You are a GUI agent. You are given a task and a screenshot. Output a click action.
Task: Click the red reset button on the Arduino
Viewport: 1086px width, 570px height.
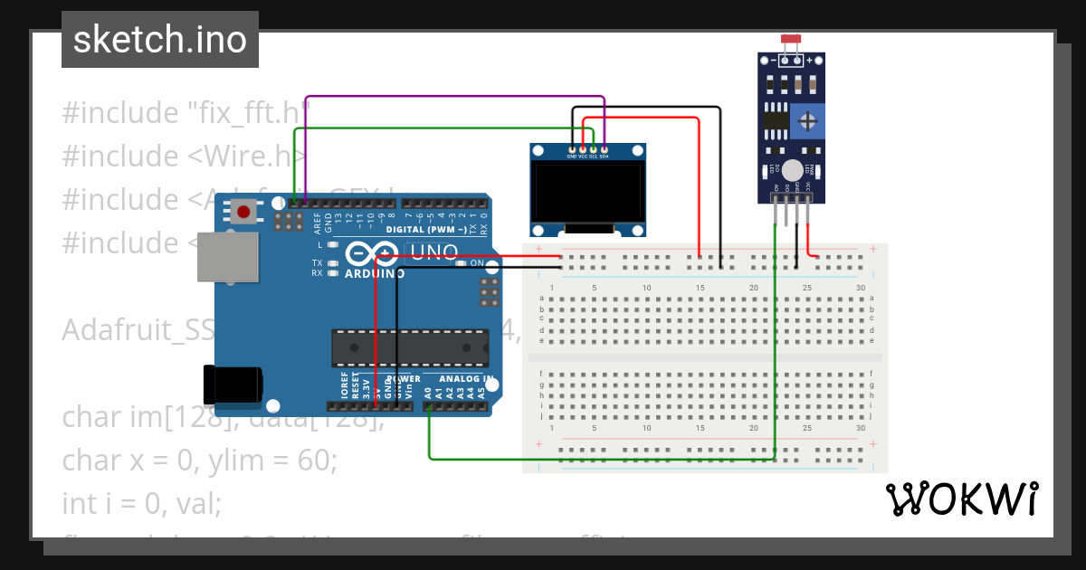coord(243,213)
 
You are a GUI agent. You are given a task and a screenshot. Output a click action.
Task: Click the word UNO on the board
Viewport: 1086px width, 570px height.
coord(434,253)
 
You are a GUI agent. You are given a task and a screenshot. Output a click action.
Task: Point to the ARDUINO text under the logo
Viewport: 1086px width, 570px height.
coord(375,273)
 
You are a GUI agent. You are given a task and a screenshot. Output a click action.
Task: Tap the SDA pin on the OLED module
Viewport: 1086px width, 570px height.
coord(604,148)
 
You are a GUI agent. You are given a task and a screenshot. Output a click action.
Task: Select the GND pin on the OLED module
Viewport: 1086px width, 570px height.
coord(572,148)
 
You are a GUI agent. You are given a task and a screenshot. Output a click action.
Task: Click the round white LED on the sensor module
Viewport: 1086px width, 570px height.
coord(793,169)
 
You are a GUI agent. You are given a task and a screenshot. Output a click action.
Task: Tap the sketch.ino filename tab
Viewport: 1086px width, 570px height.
coord(160,40)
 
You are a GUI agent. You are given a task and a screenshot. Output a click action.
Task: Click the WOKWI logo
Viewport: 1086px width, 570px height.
coord(961,499)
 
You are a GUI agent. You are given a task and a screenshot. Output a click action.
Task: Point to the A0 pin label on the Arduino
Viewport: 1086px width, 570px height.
coord(427,393)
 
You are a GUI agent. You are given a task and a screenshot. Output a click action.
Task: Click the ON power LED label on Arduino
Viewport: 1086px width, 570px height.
coord(475,262)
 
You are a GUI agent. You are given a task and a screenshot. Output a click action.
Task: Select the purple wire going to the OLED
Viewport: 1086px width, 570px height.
coord(452,96)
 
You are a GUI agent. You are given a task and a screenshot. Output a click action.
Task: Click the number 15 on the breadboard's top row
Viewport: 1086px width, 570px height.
coord(700,288)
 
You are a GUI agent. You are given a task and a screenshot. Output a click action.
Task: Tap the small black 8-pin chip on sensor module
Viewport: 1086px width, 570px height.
coord(775,119)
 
